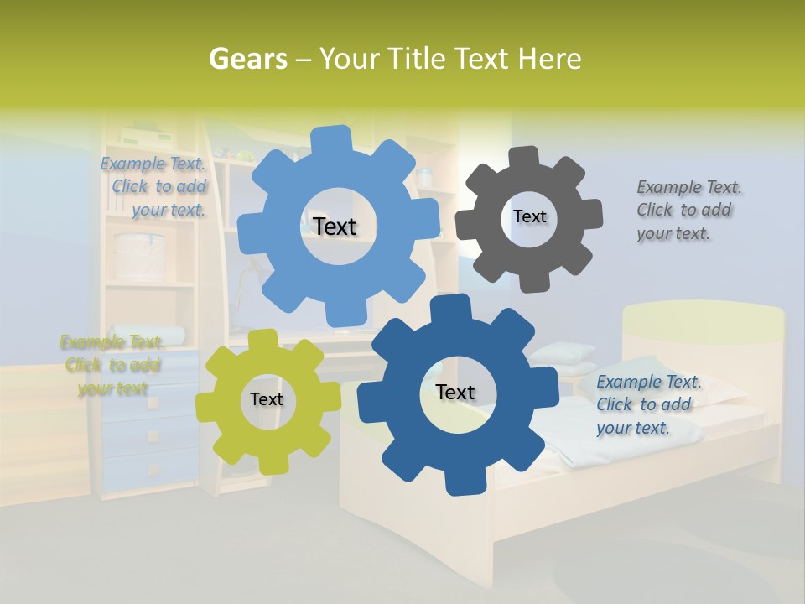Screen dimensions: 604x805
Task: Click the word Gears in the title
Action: click(247, 59)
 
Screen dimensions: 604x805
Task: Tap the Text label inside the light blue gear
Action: click(335, 226)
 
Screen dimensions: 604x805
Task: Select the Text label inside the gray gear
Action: click(529, 216)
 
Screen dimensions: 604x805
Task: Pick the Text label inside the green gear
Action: click(266, 400)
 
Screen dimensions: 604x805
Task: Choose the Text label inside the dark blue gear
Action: click(454, 393)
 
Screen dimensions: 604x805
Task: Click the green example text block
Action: click(112, 365)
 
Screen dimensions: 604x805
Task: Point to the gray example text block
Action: click(688, 210)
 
